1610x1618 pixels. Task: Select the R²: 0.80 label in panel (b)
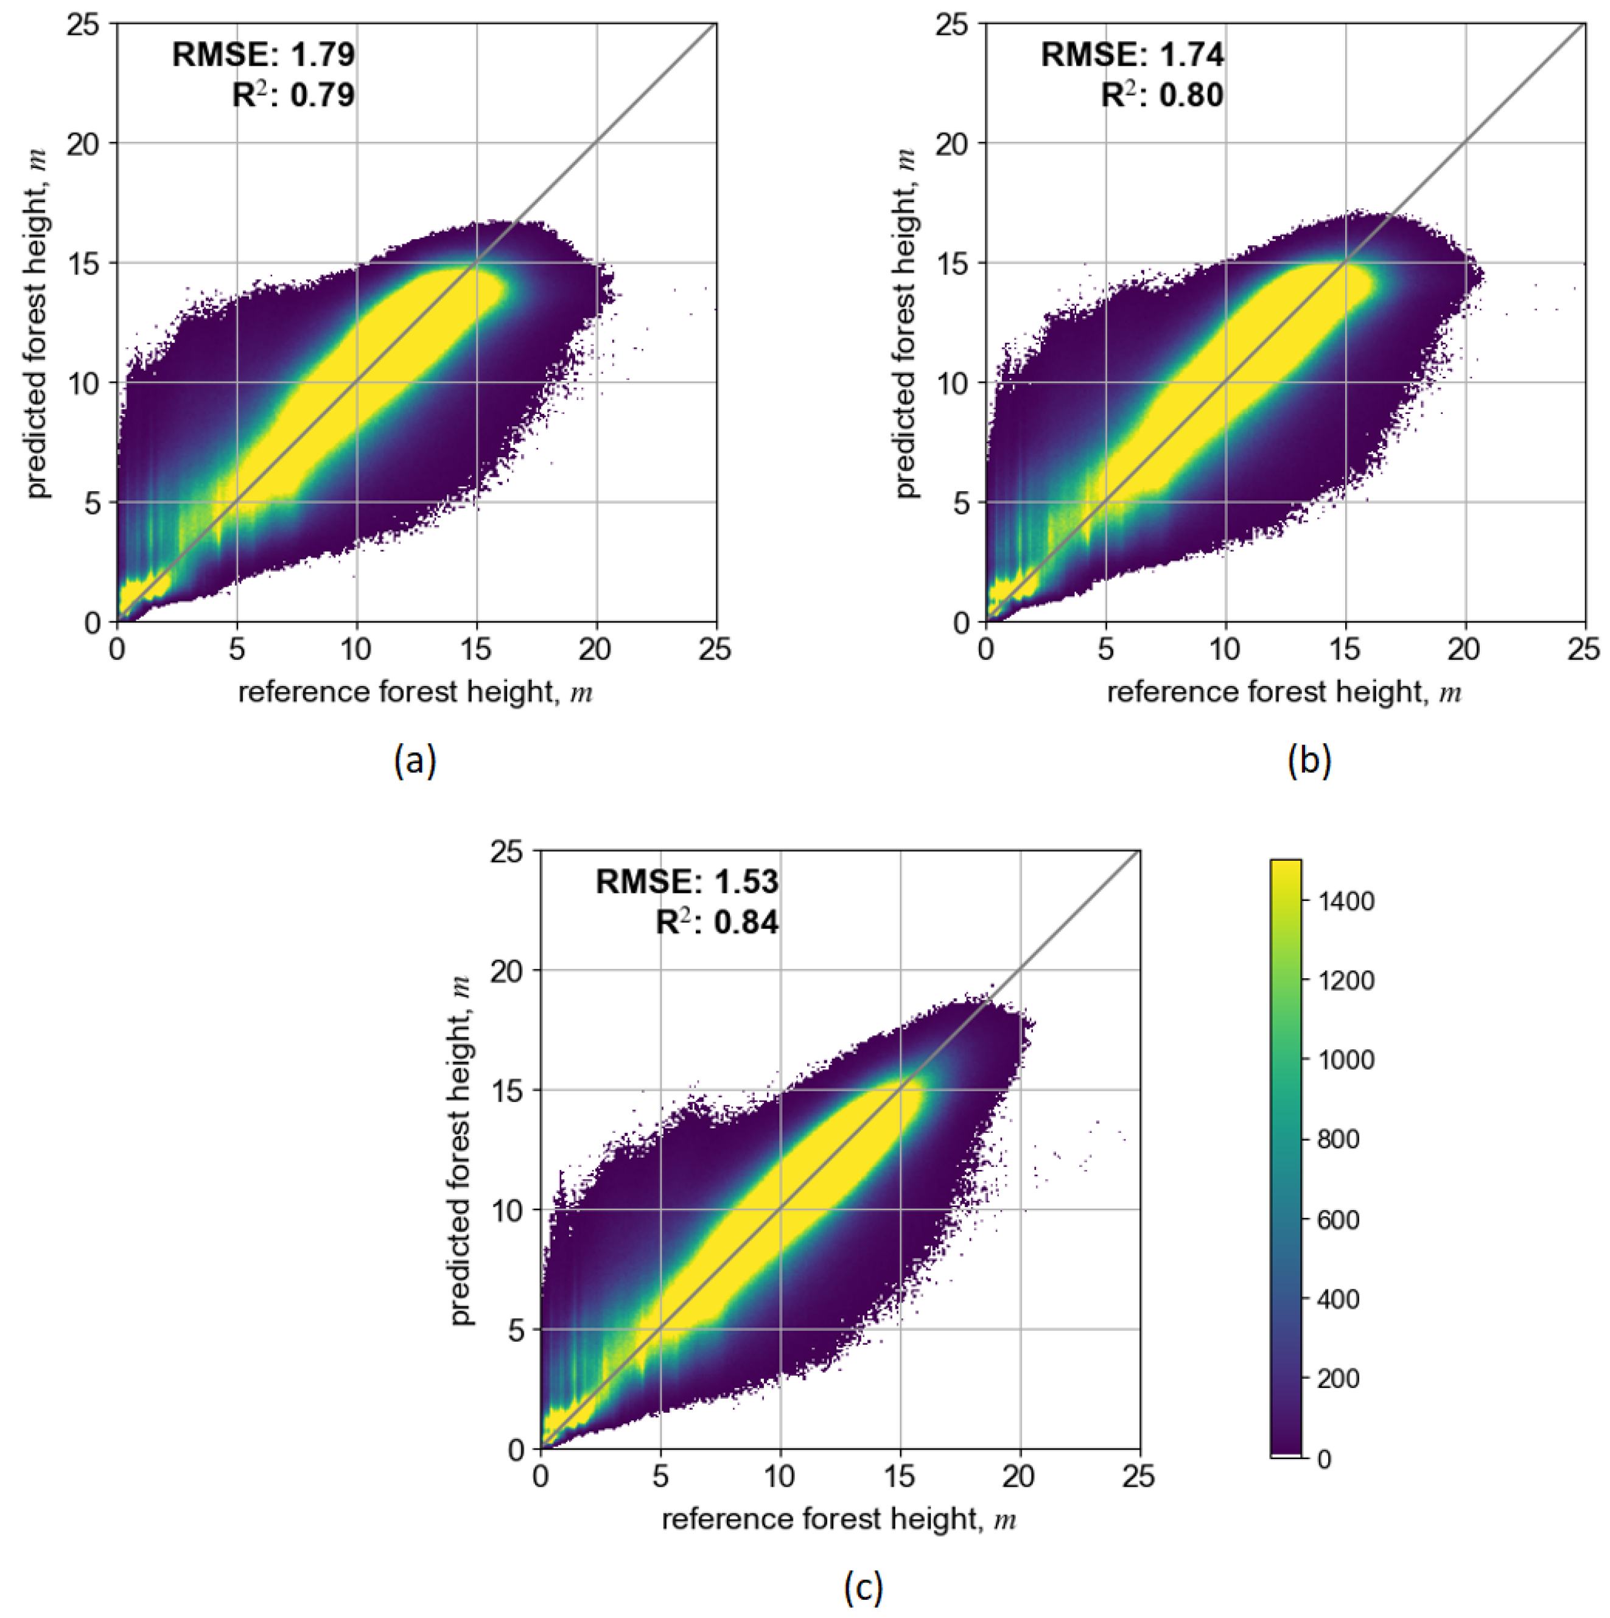click(x=1162, y=94)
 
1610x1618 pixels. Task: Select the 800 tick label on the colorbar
click(x=1338, y=1139)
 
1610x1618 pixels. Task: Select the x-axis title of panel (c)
click(x=839, y=1519)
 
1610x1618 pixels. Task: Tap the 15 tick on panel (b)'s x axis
click(x=1345, y=649)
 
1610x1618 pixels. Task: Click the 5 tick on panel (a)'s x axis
click(x=237, y=649)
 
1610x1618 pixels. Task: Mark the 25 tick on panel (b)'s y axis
click(x=952, y=25)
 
